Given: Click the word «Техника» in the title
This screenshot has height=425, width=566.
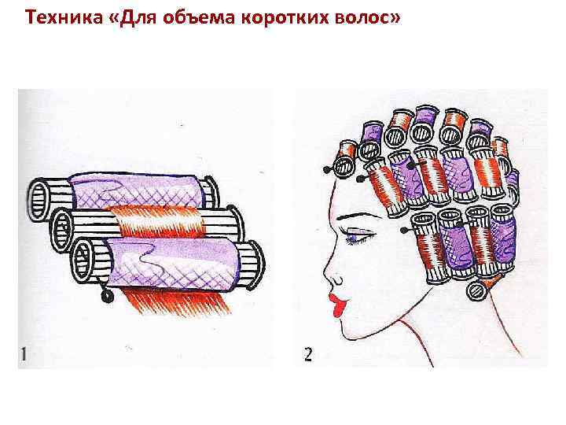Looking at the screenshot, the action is coord(64,17).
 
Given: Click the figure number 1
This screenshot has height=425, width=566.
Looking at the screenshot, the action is coord(24,354).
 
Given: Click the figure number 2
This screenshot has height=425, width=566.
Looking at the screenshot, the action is coord(308,354).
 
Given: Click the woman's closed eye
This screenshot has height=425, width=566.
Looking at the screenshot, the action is coord(359,238).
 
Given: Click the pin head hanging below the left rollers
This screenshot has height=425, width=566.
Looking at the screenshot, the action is coord(107,297).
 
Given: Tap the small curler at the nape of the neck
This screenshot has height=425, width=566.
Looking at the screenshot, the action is coord(478,290).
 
